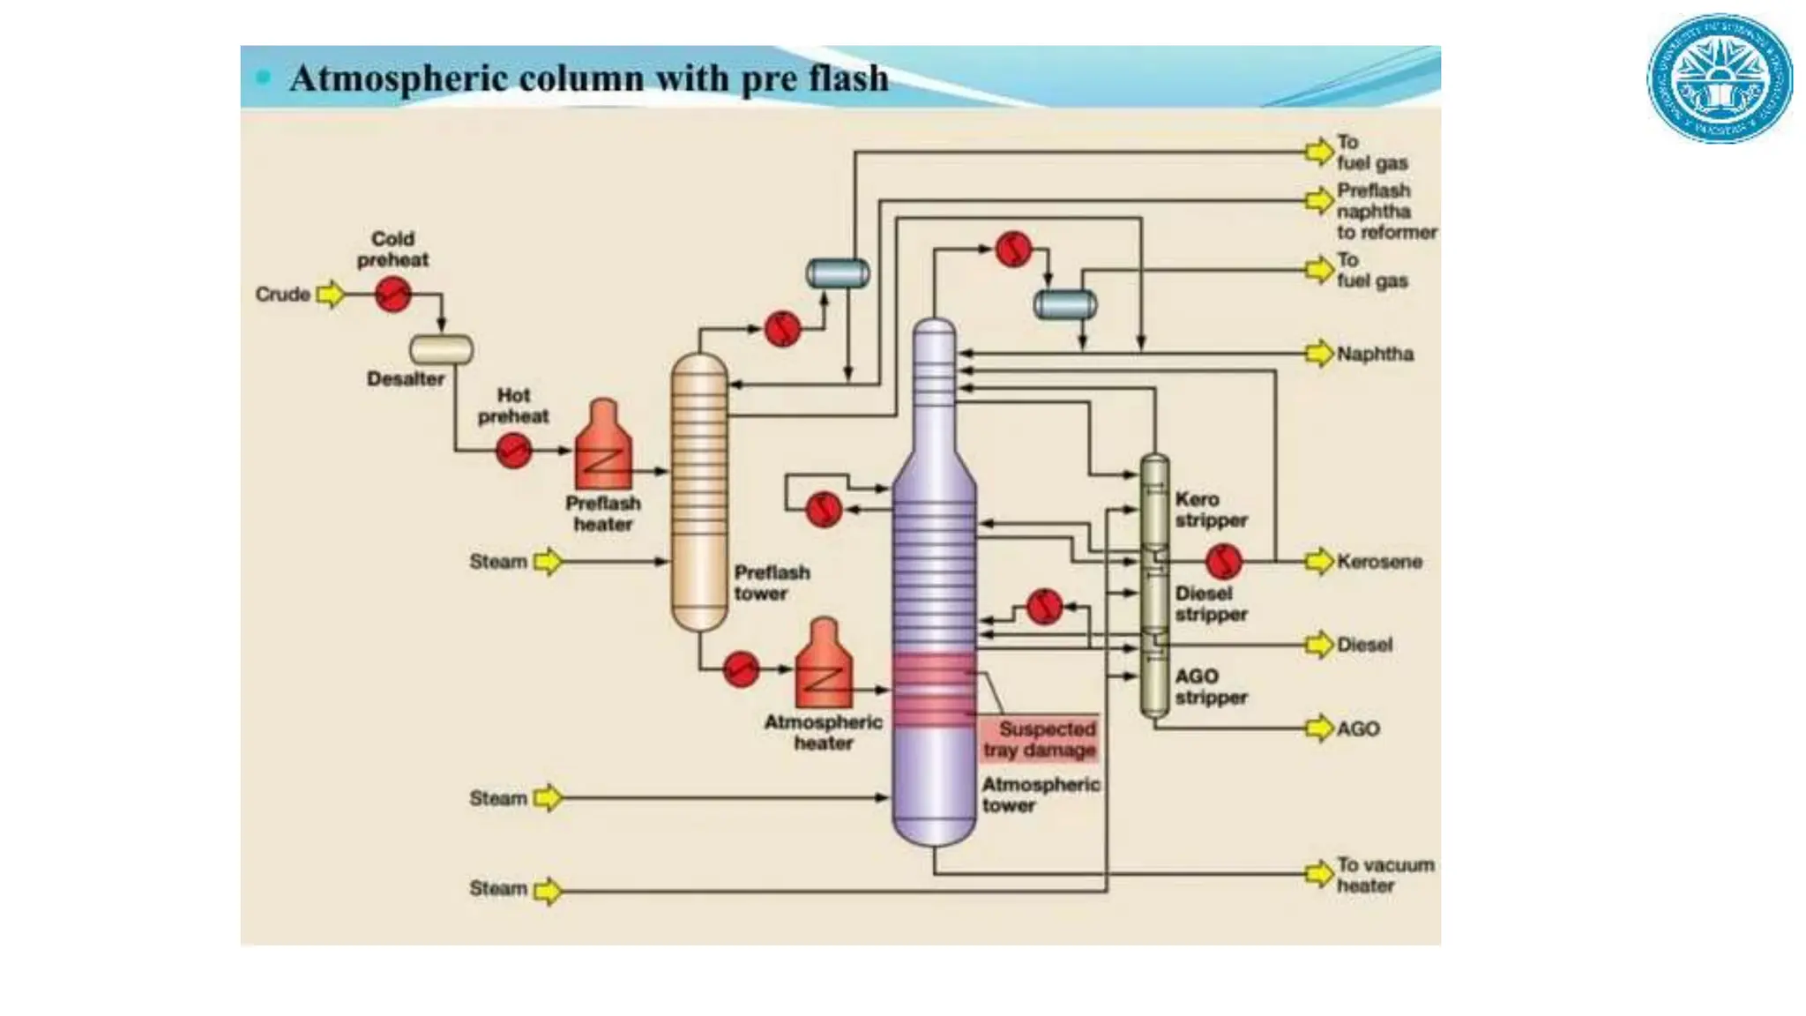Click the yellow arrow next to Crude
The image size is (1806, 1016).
click(331, 294)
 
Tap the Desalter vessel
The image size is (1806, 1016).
click(441, 350)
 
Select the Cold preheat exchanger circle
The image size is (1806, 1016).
click(393, 294)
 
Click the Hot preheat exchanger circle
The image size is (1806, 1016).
click(513, 451)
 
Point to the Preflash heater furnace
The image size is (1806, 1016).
click(603, 447)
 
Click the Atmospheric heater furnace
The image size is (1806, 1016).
click(824, 665)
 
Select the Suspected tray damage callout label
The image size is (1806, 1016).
click(1040, 739)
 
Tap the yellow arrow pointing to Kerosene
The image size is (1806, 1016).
click(1319, 561)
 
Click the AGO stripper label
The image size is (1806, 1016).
click(1211, 687)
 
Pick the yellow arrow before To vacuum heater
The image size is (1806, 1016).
click(1319, 874)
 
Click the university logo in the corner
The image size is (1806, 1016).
click(1720, 78)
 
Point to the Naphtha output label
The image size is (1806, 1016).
click(1375, 354)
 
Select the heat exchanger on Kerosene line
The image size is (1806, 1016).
click(1224, 560)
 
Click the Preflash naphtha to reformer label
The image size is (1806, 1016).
click(1385, 212)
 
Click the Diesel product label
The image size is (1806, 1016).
click(1364, 645)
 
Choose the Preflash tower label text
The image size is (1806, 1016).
click(772, 583)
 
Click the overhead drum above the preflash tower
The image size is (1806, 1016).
click(838, 273)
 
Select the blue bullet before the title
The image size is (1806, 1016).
click(263, 78)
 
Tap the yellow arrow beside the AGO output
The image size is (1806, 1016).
click(1319, 728)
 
